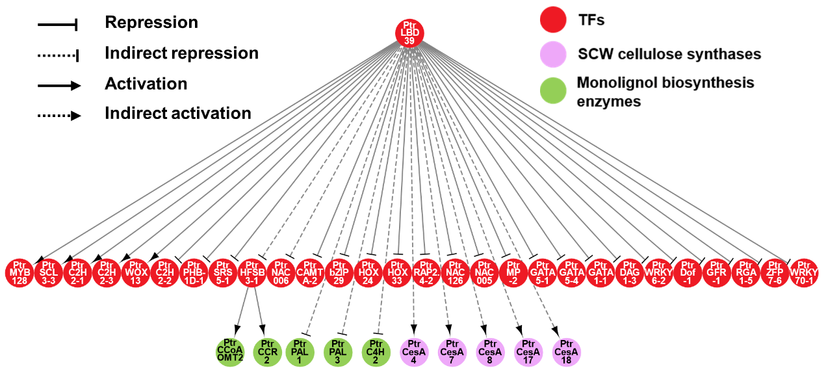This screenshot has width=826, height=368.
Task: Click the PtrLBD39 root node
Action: [x=409, y=33]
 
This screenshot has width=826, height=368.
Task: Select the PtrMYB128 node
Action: [x=19, y=273]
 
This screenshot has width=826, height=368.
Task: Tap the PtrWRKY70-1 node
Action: [x=805, y=273]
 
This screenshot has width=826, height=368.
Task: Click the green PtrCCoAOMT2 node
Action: [x=229, y=351]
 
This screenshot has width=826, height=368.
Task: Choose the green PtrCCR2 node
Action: [x=267, y=351]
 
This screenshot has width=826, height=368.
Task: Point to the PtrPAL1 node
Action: [x=300, y=351]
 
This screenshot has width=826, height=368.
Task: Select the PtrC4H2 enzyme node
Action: [x=376, y=351]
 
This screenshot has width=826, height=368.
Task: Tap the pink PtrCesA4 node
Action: [x=414, y=351]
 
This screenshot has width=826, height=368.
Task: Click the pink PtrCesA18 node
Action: [x=566, y=351]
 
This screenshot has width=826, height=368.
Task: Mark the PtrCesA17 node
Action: [x=528, y=351]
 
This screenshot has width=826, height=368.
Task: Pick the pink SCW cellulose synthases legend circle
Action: [x=554, y=54]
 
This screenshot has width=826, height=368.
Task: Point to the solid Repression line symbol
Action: [x=58, y=25]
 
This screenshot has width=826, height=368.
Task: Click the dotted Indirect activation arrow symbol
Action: [x=58, y=116]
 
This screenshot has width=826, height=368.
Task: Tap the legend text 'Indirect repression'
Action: [x=181, y=53]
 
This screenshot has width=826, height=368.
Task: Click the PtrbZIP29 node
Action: [x=339, y=273]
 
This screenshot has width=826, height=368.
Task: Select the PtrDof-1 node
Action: [x=688, y=273]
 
